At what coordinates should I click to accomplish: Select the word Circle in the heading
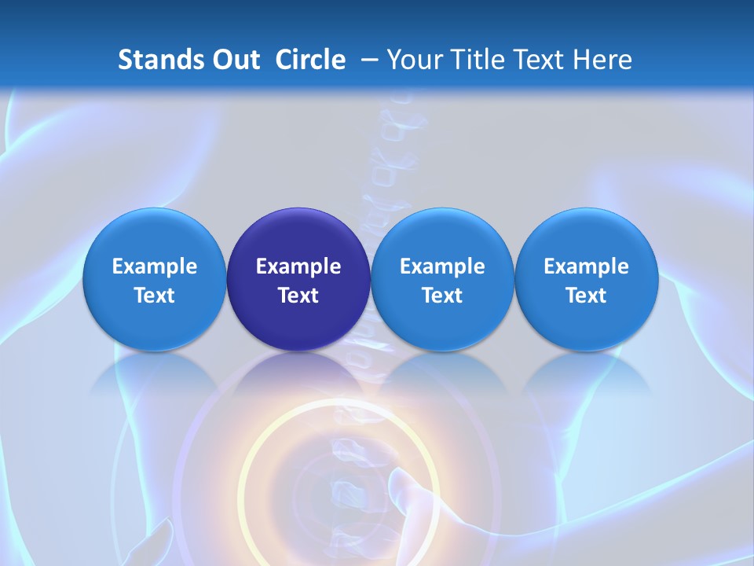pos(310,60)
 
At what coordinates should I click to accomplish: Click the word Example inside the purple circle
pos(298,266)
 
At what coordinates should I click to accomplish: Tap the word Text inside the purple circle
pos(298,296)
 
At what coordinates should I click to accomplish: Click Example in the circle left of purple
pos(155,266)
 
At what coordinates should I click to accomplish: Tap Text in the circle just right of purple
pos(442,296)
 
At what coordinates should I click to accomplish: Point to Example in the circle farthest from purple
pos(587,266)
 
